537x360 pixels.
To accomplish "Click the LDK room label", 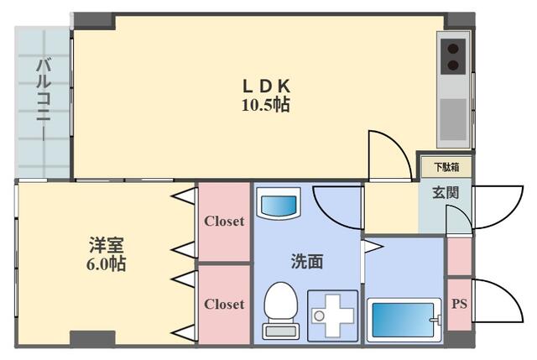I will tap(267, 86).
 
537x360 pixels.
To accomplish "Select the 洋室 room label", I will tap(107, 245).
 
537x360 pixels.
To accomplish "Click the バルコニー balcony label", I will tap(42, 90).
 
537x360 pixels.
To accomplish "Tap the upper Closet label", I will tap(224, 222).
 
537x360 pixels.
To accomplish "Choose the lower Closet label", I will tap(224, 304).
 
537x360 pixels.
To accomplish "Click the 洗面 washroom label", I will tap(307, 261).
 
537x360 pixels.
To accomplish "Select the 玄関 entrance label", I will tap(446, 192).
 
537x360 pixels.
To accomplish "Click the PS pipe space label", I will tap(459, 304).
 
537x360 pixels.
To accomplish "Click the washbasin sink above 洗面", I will tap(279, 205).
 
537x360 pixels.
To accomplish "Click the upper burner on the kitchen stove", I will tap(454, 48).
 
